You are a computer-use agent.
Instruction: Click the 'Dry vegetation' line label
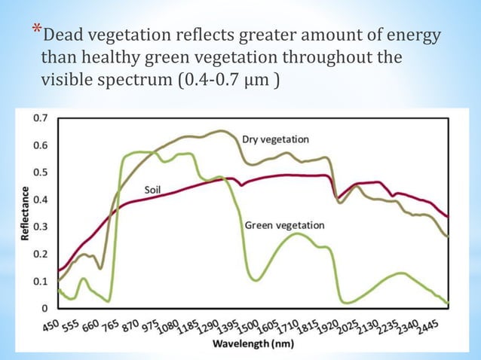[x=275, y=139]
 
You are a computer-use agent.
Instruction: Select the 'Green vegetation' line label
[x=284, y=225]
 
